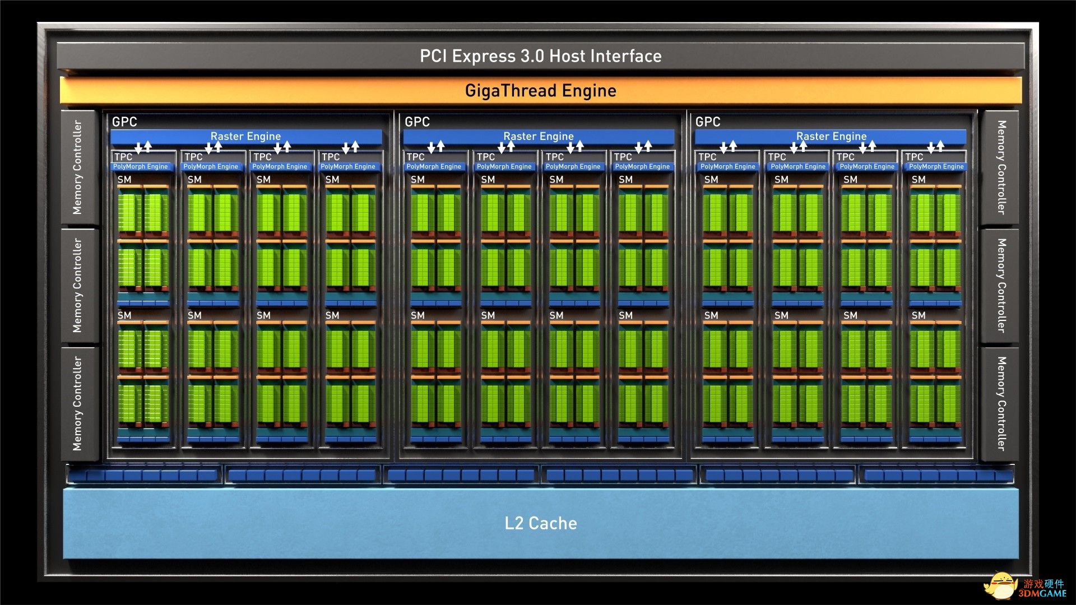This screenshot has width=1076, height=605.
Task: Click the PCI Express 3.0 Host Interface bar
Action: (x=541, y=56)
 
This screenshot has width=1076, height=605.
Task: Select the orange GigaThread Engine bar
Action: (x=541, y=91)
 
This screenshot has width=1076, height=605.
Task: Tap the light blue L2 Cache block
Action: (x=541, y=523)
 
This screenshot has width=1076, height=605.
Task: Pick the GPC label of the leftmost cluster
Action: (x=124, y=122)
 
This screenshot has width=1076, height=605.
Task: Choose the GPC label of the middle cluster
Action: (x=417, y=122)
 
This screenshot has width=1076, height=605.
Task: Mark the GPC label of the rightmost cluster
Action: (x=708, y=122)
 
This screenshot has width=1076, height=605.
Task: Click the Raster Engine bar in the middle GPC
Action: (x=539, y=136)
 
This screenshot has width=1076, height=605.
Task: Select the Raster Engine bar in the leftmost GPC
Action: (x=246, y=136)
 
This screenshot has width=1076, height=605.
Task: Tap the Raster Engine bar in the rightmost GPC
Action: (x=831, y=136)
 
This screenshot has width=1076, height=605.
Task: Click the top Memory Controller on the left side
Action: (x=78, y=167)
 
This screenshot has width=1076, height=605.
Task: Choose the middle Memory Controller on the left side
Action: (x=78, y=286)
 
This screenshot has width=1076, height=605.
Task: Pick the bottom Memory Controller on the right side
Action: (x=1000, y=403)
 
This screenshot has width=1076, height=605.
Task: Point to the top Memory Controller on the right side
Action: (x=1000, y=167)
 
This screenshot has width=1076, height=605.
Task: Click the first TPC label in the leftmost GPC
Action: (x=123, y=157)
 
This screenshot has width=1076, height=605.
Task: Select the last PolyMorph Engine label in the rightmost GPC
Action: (x=936, y=166)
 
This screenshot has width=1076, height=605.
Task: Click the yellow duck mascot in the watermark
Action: (x=1001, y=585)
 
